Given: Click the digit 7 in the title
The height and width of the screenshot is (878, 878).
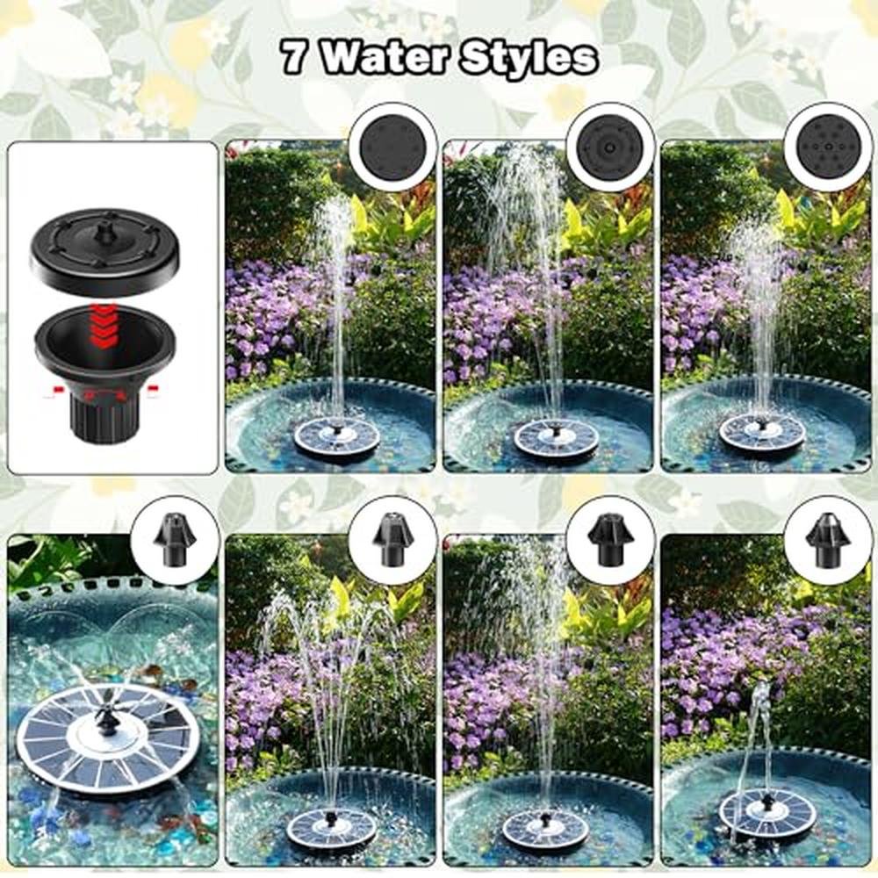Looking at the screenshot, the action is [x=293, y=56].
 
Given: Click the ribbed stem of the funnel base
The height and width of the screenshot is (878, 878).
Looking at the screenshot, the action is [x=101, y=414].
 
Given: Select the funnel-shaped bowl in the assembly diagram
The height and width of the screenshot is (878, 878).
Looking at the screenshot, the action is [x=104, y=346].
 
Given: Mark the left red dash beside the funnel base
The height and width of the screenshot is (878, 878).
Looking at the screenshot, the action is [x=56, y=389].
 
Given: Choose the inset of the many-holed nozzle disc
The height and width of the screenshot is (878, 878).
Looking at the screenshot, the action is [x=828, y=148].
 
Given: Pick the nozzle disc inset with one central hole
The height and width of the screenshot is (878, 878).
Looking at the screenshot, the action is [x=610, y=148].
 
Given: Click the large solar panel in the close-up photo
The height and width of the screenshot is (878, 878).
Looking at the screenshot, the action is [x=106, y=738].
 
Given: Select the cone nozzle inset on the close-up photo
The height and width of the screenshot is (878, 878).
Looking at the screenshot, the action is [x=175, y=540].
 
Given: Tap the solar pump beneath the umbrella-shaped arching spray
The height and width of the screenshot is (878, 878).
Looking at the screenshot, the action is [x=332, y=828].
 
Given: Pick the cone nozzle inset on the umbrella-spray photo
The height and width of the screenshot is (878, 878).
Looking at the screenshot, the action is [x=392, y=540].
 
